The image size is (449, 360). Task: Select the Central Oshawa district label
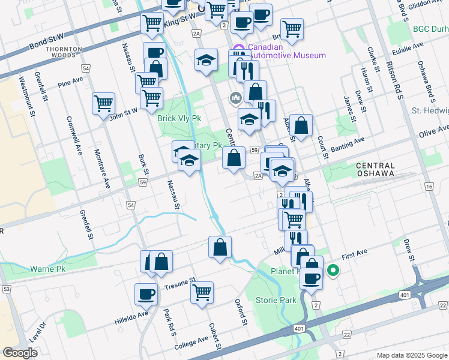point(376,170)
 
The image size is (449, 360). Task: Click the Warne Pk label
point(47,269)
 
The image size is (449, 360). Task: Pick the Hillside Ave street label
point(131,318)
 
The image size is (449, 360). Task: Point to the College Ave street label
point(191,344)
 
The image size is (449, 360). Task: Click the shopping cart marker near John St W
point(103,103)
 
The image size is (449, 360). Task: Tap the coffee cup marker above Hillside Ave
point(146,293)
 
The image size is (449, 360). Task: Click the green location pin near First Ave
point(333,272)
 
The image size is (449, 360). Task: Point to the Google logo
point(20,353)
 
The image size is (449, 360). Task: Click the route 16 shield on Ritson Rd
point(429,187)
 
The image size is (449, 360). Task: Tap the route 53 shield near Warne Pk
point(7,289)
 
